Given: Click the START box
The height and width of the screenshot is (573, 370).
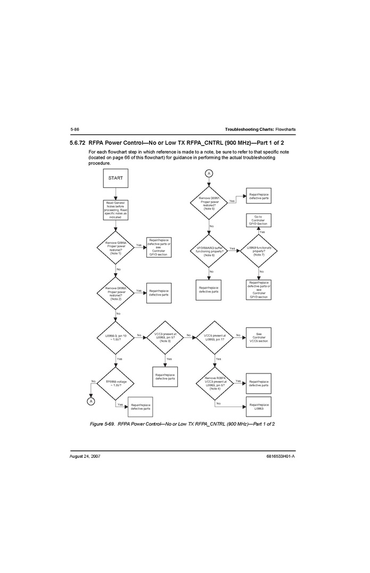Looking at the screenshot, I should point(116,178).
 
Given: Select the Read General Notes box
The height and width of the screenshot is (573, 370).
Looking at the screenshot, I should point(116,210).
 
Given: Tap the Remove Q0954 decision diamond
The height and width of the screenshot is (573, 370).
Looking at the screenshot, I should point(116,248).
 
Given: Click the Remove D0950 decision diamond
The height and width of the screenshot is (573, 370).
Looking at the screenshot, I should point(116,293).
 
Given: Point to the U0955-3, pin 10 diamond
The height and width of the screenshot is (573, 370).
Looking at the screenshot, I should point(116,337).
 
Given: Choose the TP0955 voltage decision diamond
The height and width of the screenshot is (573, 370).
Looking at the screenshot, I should point(116,383).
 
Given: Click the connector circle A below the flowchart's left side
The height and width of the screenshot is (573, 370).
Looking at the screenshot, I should point(91,401).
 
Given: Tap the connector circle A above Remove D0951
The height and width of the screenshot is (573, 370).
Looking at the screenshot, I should point(209,173).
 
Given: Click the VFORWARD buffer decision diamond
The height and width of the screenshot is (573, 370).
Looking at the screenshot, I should point(209,250).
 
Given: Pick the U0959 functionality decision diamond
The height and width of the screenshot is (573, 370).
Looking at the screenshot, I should point(259,250).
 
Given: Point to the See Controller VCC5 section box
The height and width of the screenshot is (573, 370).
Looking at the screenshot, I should point(259,338).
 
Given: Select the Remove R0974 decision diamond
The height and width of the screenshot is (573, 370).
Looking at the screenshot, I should point(215,383).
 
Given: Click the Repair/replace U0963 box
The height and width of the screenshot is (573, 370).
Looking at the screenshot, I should point(259,407).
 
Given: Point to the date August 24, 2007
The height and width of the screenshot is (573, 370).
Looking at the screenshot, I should point(85,457).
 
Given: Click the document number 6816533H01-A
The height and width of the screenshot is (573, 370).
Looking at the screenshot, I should point(280,457).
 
